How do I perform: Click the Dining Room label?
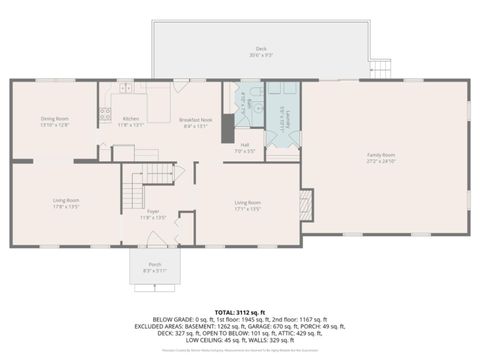[54, 121]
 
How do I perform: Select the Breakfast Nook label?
[193, 123]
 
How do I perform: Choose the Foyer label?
[153, 213]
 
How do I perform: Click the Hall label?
[245, 147]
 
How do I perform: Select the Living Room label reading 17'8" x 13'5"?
[66, 203]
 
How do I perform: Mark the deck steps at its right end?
[378, 68]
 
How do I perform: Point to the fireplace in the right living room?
[306, 206]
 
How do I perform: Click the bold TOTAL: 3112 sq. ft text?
[240, 311]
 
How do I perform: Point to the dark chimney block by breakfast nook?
[227, 126]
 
